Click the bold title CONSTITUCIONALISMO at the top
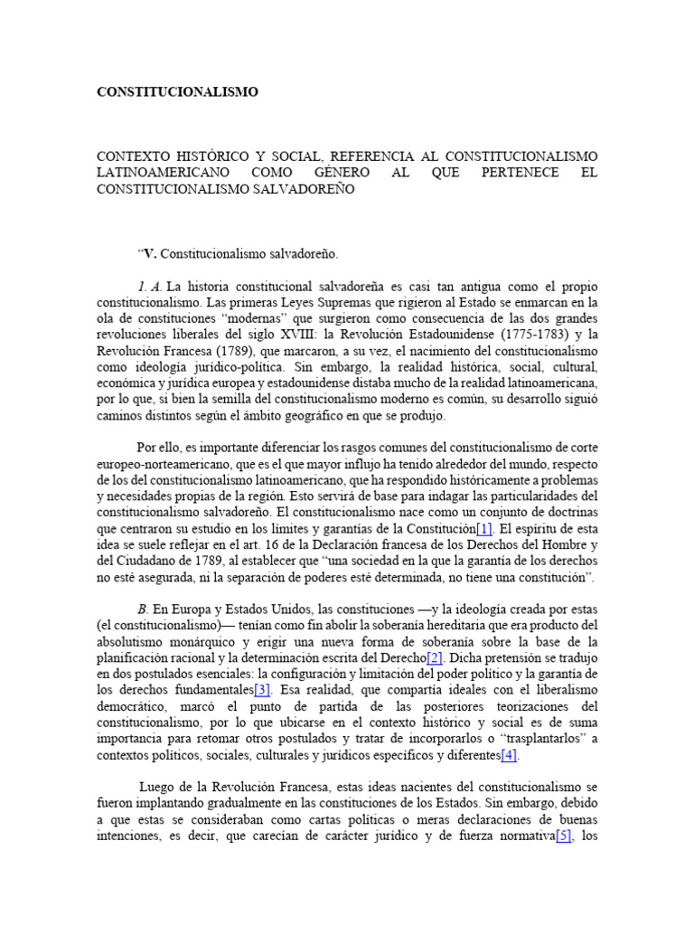click(x=177, y=91)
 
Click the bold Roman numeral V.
click(x=150, y=254)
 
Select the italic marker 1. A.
click(x=151, y=287)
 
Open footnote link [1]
click(x=484, y=528)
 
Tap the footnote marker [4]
click(x=509, y=755)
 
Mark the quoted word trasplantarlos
click(x=537, y=739)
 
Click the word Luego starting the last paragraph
click(x=158, y=788)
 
